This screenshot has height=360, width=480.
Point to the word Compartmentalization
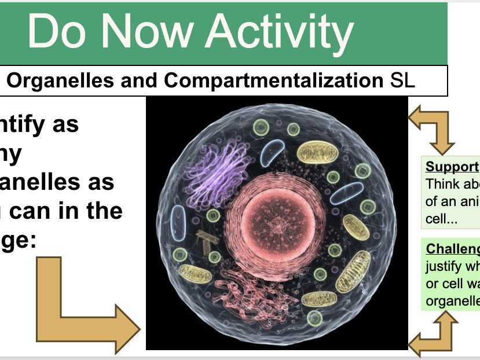273,81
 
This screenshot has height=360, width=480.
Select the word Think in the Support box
440,183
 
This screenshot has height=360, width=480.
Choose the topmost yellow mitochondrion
316,152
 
